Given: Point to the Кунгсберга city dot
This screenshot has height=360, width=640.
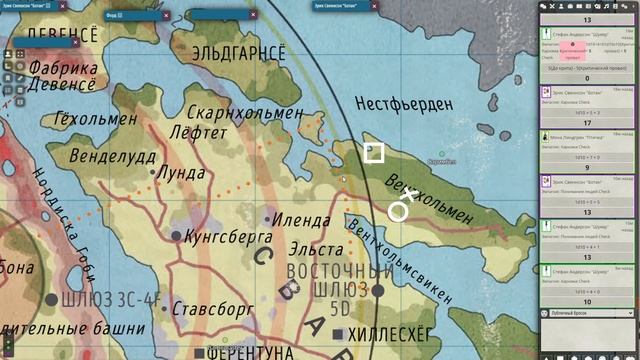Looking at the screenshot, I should (x=177, y=236).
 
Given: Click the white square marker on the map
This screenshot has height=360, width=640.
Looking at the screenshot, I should (x=374, y=152).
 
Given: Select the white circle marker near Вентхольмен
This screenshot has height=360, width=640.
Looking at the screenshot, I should (x=398, y=211).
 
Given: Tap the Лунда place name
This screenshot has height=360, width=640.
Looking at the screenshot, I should (x=180, y=172).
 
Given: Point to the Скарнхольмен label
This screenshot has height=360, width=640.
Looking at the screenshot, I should (x=245, y=113).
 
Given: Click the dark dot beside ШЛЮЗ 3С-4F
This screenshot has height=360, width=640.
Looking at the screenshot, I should (x=49, y=298).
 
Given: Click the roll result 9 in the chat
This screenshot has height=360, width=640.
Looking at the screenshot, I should (x=587, y=168).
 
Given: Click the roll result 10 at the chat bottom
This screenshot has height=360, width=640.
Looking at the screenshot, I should (x=587, y=301).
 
